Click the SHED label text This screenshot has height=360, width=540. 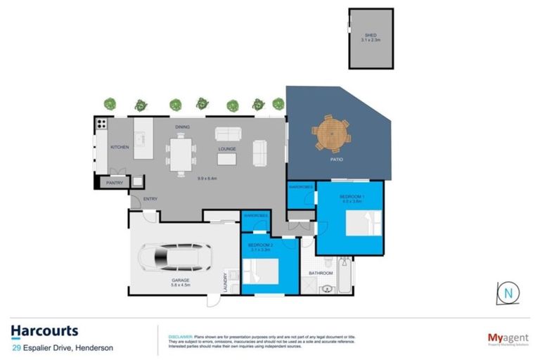[370, 34]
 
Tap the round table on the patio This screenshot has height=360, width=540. [332, 132]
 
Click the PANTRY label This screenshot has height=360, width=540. [115, 183]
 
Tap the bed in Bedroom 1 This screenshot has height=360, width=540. [365, 226]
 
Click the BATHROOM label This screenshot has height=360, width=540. [321, 273]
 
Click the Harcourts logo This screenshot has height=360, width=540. [44, 331]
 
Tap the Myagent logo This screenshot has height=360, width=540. [502, 338]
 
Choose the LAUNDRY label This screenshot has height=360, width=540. [225, 283]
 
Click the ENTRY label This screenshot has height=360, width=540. [150, 199]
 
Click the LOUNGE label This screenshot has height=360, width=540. [226, 149]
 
